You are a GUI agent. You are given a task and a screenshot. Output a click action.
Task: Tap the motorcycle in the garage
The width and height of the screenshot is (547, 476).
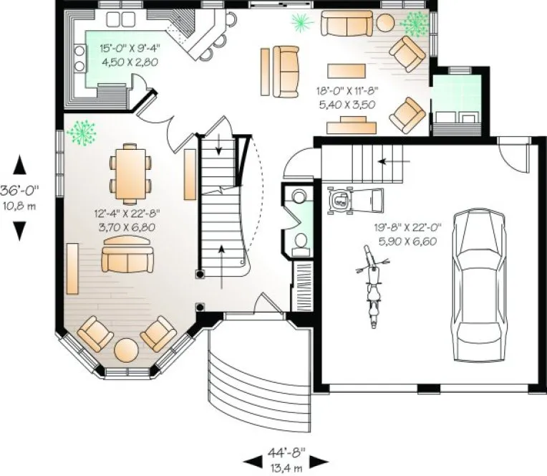371,286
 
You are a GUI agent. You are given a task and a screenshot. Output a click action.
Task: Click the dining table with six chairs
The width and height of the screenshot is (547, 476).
130,172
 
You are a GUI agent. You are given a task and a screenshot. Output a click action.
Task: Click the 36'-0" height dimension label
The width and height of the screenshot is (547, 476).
19,195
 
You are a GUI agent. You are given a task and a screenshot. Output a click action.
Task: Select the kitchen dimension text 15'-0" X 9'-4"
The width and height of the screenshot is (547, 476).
129,55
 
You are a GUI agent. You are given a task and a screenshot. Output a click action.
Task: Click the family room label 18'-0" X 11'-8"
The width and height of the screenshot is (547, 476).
347,97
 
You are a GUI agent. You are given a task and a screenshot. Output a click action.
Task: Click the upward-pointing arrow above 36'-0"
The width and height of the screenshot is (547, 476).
19,166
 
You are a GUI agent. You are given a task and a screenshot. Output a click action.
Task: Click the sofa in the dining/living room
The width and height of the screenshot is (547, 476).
128,257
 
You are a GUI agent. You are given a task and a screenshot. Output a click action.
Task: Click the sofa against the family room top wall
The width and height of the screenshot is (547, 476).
347,23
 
